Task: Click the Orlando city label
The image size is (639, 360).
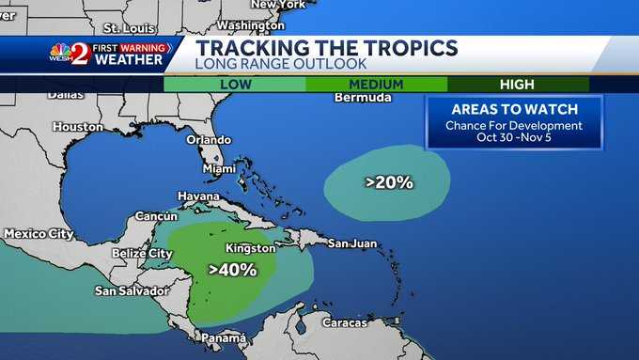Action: [208, 139]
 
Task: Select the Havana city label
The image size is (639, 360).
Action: [198, 195]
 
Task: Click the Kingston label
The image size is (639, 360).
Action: [249, 249]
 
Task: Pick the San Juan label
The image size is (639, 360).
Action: [352, 243]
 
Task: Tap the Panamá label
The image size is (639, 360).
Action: [224, 337]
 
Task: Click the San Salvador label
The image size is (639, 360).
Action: [131, 290]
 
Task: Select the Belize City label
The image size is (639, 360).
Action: [142, 254]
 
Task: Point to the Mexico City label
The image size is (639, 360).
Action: [39, 233]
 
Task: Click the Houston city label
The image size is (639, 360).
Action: [78, 126]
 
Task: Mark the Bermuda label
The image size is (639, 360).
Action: [362, 98]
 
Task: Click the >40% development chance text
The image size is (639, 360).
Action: [232, 270]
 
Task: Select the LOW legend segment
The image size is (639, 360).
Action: [234, 84]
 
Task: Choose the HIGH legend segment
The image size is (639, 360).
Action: [518, 84]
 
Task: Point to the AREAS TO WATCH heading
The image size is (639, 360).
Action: [513, 109]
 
